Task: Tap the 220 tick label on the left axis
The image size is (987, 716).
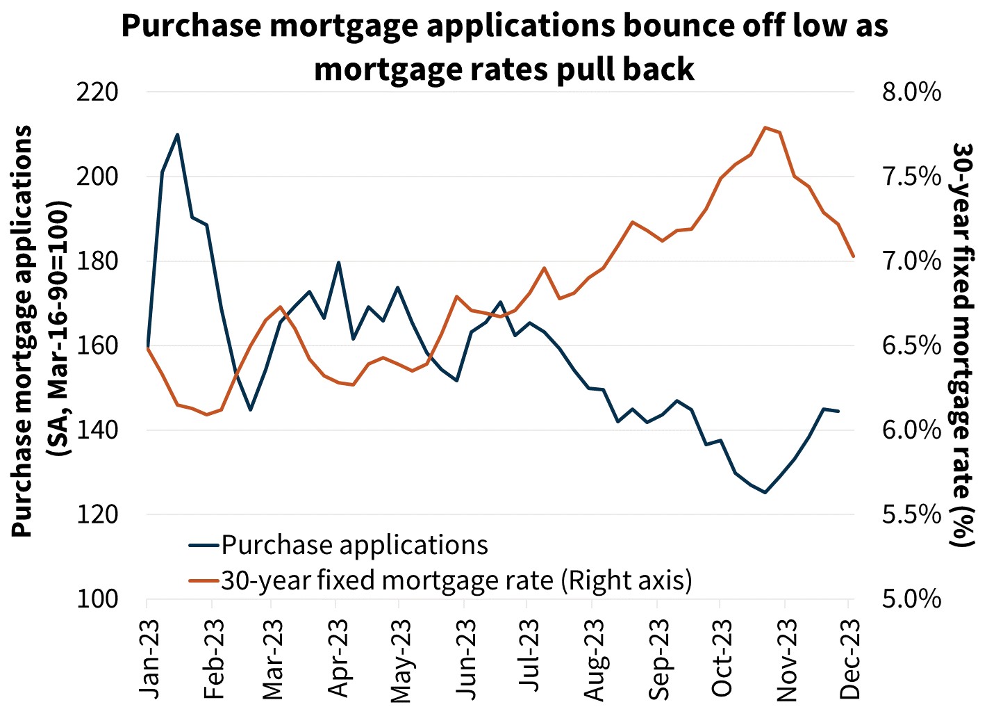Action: (97, 92)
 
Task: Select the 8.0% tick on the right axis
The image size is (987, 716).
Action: (911, 92)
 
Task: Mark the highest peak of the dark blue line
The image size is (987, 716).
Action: (177, 134)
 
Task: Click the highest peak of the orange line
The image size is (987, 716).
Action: (765, 127)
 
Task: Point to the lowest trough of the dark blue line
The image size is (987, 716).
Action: (765, 493)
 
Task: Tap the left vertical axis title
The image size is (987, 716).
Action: (40, 331)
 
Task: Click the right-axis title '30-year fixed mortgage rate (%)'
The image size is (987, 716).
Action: (963, 345)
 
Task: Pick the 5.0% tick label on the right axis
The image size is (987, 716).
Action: (911, 599)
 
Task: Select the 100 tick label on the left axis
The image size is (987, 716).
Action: (97, 599)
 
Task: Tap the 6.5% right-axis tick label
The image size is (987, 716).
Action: (911, 345)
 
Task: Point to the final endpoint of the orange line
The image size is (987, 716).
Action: (853, 257)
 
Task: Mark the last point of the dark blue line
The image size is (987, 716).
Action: (838, 412)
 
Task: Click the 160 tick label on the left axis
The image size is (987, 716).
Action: (97, 345)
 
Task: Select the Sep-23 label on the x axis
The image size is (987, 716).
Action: (659, 657)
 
